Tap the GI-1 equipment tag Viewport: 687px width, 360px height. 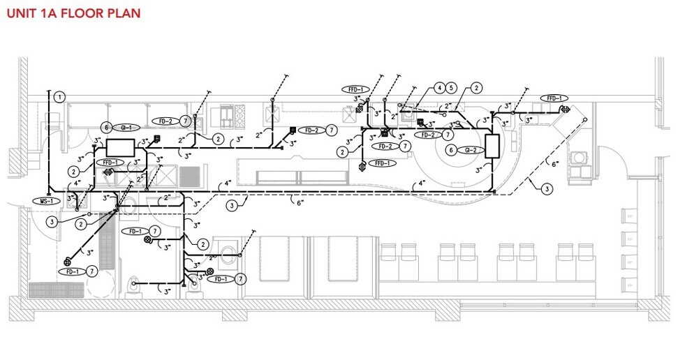[126, 128]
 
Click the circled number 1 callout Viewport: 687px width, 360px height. [60, 97]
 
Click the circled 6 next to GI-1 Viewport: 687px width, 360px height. [106, 128]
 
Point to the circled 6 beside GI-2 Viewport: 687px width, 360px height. [452, 150]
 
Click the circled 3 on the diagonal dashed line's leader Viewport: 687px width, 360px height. [547, 189]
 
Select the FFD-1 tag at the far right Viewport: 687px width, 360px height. [554, 98]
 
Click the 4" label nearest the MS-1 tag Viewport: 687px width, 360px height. [77, 183]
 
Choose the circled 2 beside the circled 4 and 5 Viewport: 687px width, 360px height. [475, 88]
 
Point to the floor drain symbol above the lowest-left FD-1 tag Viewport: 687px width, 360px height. [66, 262]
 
